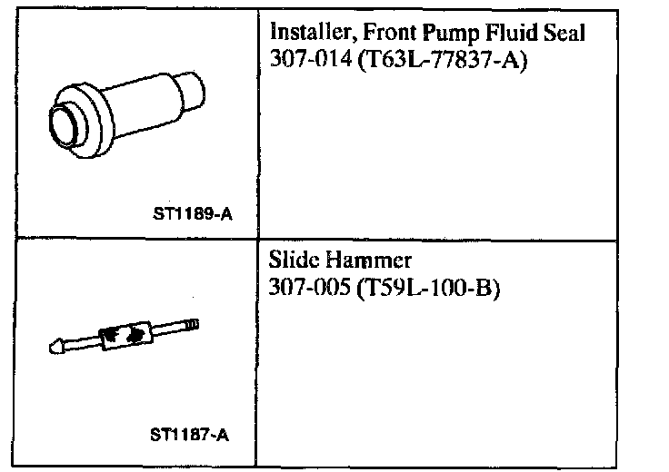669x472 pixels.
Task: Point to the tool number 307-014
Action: coord(311,58)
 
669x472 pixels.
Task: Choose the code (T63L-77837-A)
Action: coord(442,60)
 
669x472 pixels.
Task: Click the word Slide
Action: coord(294,260)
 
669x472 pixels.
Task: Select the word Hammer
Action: coord(368,260)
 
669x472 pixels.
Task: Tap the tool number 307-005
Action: coord(309,287)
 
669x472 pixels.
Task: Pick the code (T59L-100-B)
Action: coord(427,288)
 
